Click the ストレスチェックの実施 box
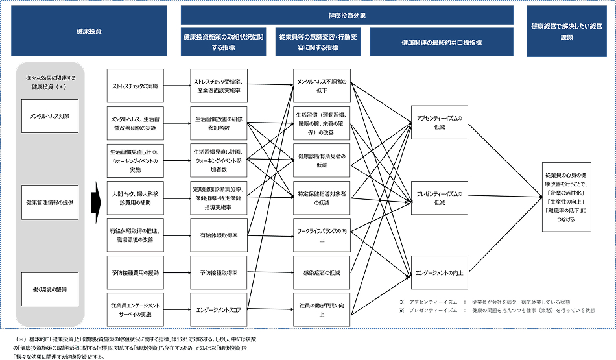(x=136, y=86)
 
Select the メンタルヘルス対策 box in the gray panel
(x=49, y=115)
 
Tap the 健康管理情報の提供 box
(x=49, y=202)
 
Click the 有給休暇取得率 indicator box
(x=218, y=235)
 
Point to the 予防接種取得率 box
(x=218, y=274)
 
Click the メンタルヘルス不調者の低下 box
(x=322, y=86)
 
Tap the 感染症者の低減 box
(x=322, y=272)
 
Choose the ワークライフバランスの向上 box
(x=322, y=235)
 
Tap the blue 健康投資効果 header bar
(x=347, y=15)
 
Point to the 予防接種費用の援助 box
(x=136, y=274)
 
